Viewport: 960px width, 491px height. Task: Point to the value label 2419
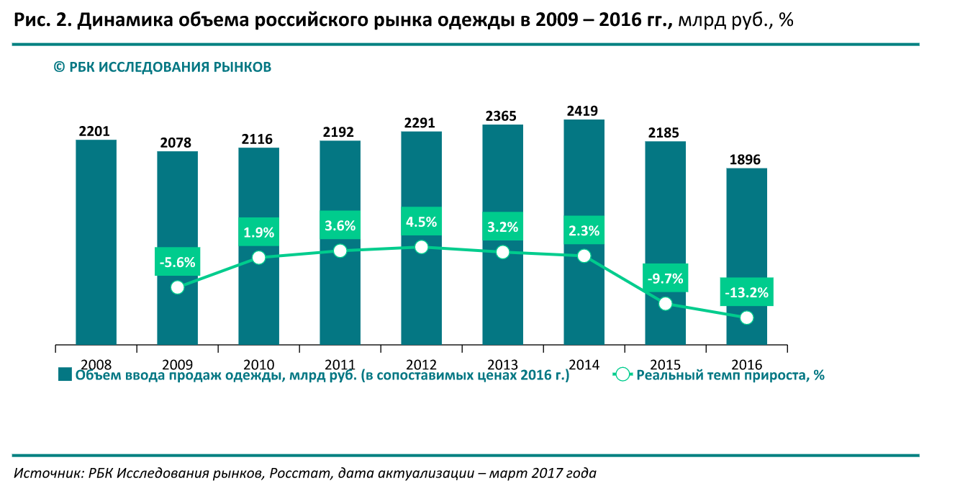pyautogui.click(x=584, y=111)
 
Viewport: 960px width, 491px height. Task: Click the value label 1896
pyautogui.click(x=746, y=160)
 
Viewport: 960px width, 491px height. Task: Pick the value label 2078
pyautogui.click(x=177, y=143)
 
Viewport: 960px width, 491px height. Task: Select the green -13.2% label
pyautogui.click(x=746, y=292)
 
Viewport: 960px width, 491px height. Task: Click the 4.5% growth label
pyautogui.click(x=421, y=222)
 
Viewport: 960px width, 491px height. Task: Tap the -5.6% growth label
pyautogui.click(x=177, y=262)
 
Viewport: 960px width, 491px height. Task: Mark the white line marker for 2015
pyautogui.click(x=666, y=304)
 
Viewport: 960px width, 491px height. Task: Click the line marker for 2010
pyautogui.click(x=259, y=258)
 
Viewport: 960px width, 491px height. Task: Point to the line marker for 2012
pyautogui.click(x=422, y=247)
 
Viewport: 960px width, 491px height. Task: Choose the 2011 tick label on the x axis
pyautogui.click(x=340, y=365)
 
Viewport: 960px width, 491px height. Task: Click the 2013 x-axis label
pyautogui.click(x=502, y=365)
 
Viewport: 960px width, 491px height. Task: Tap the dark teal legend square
pyautogui.click(x=65, y=374)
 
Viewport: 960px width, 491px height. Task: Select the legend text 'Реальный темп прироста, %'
pyautogui.click(x=730, y=375)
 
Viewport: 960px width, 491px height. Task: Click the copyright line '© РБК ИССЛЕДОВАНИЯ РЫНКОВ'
pyautogui.click(x=163, y=68)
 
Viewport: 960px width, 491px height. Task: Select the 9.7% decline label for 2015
pyautogui.click(x=666, y=278)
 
